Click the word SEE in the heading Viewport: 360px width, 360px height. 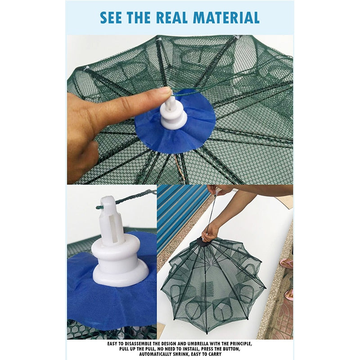coord(111,18)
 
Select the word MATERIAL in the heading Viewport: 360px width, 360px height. coord(226,18)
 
